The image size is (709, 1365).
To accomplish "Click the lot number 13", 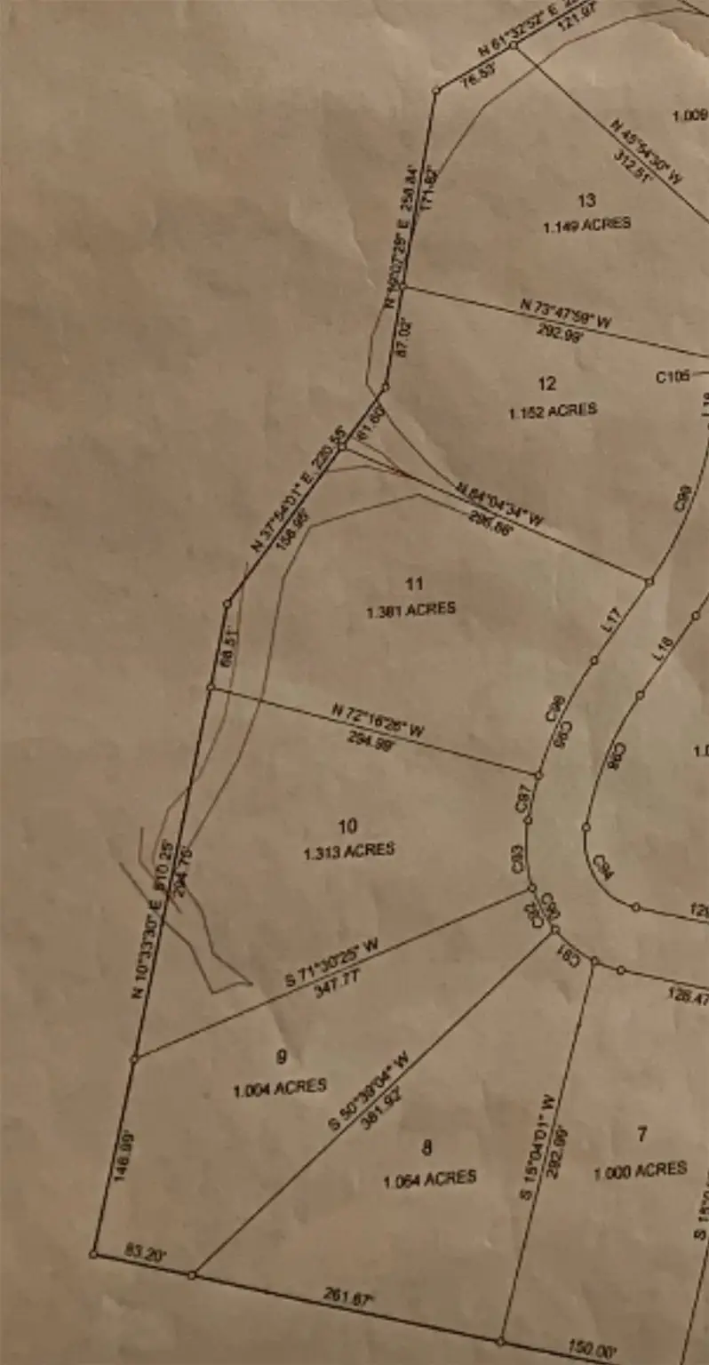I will point(586,201).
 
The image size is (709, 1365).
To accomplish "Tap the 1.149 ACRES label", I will point(587,225).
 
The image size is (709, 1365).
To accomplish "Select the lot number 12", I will point(547,384).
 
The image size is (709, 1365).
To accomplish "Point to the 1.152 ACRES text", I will point(553,411).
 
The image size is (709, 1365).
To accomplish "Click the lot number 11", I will point(414,584).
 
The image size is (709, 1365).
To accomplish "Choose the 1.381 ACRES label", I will point(410,611).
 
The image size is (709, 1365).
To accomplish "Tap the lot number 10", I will point(347,826).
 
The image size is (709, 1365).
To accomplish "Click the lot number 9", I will point(281,1057).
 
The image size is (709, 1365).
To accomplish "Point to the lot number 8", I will point(427,1148).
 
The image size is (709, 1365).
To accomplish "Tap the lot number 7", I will point(641,1134).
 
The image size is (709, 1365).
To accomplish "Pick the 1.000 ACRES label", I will point(640,1170).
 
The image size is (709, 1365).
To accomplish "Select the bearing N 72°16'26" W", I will point(378,721).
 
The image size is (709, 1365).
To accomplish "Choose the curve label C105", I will point(673,377).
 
